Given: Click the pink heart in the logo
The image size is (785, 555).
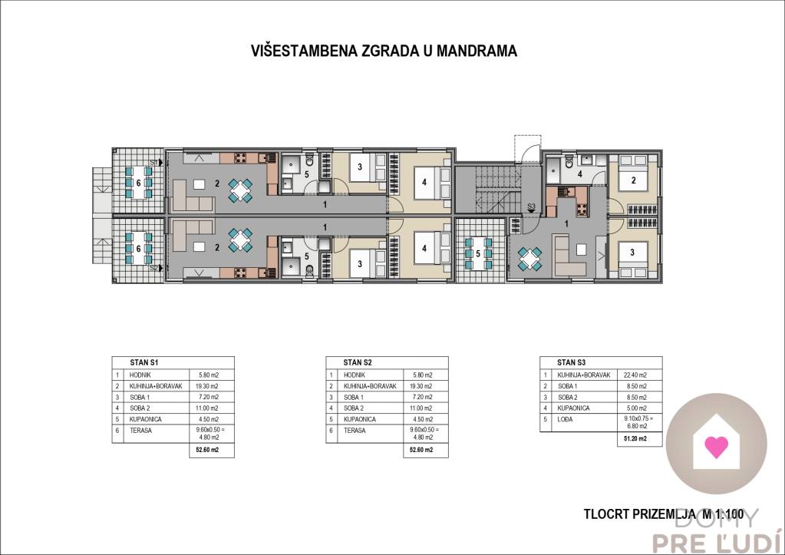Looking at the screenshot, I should tap(716, 446).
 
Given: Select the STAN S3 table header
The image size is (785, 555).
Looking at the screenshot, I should tap(572, 362).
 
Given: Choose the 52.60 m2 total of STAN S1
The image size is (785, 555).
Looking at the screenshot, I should tap(204, 451).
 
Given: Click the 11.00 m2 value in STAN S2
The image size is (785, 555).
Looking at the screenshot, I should tap(419, 408).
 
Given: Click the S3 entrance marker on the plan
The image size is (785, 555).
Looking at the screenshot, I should tap(532, 206).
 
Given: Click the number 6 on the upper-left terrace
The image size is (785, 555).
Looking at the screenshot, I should tap(138, 183).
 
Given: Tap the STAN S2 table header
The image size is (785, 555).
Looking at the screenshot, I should tap(357, 362).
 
